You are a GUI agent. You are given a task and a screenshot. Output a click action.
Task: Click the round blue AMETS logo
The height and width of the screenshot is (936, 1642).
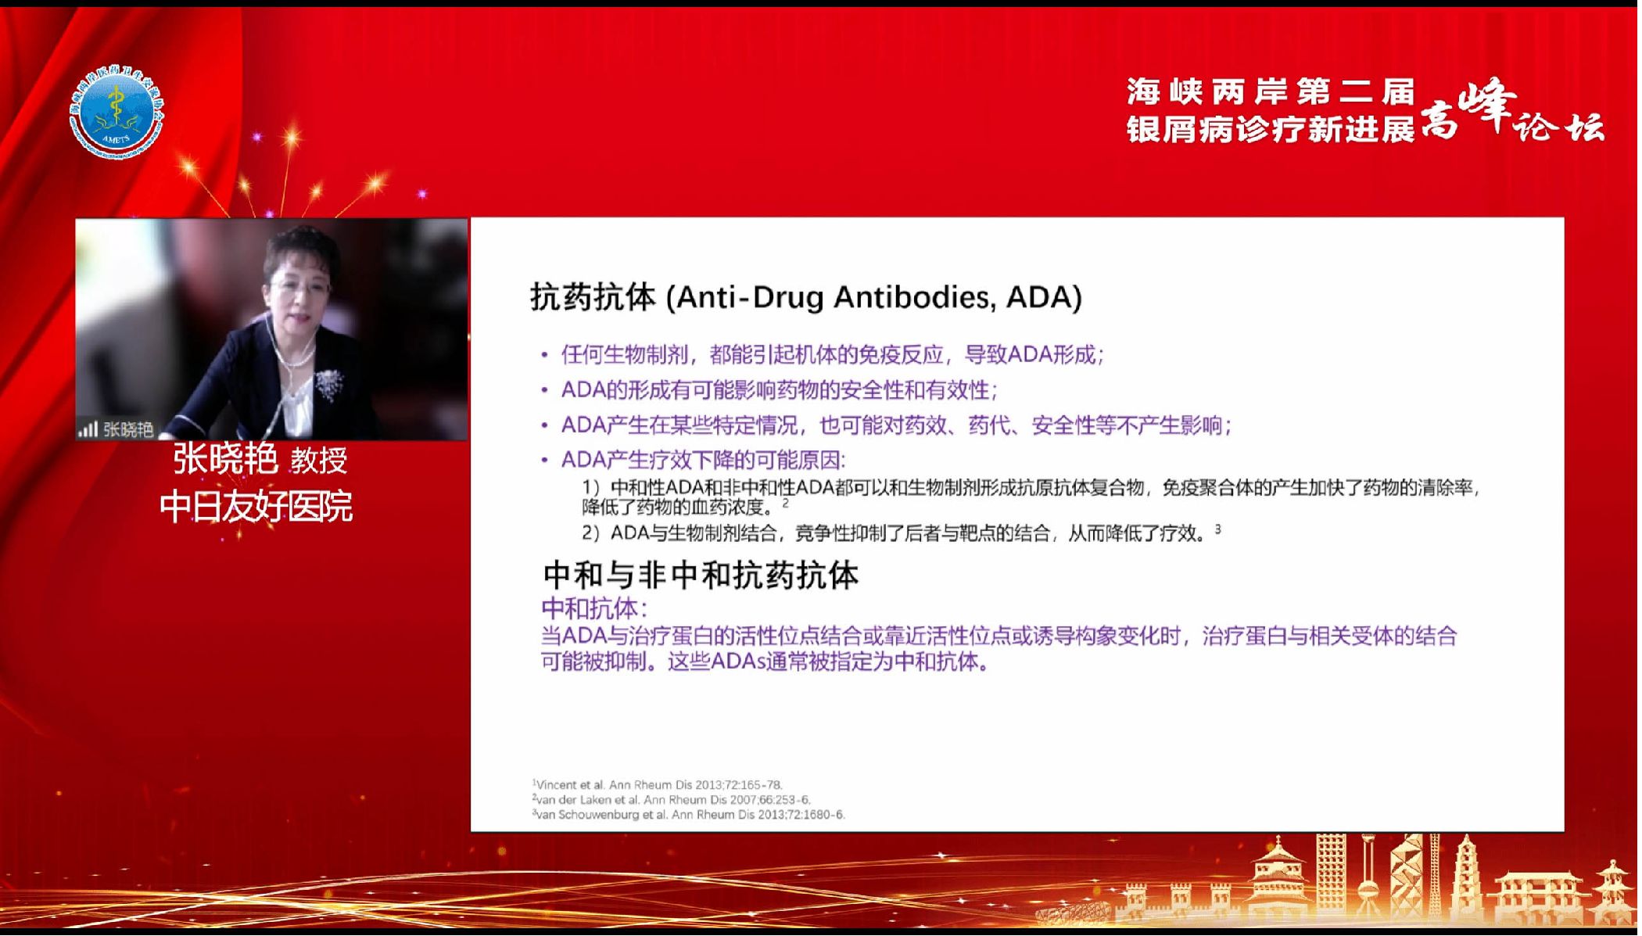point(117,113)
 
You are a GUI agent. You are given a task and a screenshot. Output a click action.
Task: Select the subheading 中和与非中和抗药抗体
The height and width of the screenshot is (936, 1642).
point(701,576)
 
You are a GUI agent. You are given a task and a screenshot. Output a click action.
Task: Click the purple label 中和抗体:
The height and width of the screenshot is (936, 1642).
point(593,608)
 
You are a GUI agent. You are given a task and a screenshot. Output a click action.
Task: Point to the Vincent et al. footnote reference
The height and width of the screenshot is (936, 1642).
point(658,784)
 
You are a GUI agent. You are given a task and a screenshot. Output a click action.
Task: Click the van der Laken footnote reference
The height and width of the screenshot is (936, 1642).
point(672,799)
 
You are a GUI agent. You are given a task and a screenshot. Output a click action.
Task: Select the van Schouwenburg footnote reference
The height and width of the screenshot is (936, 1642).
point(689,814)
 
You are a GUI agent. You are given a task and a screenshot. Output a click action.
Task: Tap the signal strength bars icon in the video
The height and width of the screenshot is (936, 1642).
point(88,429)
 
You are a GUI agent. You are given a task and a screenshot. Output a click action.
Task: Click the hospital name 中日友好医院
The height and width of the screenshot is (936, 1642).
point(256,507)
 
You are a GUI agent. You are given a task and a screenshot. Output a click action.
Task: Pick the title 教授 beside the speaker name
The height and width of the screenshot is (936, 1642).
point(319,460)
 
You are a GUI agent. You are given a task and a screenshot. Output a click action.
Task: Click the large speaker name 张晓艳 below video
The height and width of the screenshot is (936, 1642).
point(225,458)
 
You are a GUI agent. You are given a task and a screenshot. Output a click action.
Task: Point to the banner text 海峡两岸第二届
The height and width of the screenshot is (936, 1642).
point(1271,92)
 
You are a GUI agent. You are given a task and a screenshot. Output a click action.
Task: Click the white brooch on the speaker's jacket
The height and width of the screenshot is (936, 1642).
point(328,383)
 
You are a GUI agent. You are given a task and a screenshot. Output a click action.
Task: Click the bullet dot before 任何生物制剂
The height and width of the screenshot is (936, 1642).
point(544,356)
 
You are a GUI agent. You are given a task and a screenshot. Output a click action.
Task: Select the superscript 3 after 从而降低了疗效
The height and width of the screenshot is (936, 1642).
point(1217,529)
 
